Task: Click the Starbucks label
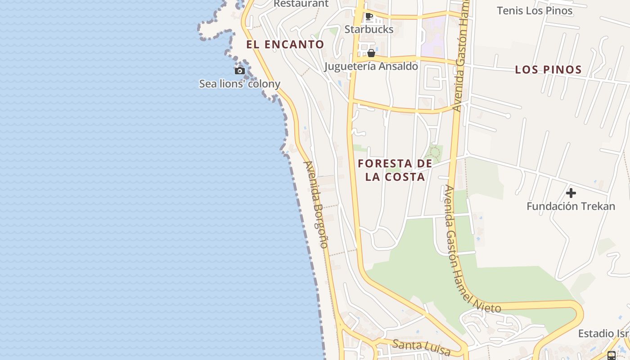(369, 30)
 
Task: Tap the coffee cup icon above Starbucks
(369, 17)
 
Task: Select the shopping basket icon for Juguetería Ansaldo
(371, 53)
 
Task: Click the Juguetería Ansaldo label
(371, 67)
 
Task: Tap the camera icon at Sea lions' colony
(240, 71)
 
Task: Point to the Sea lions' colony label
(240, 84)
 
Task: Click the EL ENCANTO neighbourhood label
(285, 45)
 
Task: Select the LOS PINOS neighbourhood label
(548, 70)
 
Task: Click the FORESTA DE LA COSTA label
(395, 170)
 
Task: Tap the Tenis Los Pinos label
(535, 11)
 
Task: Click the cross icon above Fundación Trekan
(571, 193)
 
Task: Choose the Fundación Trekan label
(571, 207)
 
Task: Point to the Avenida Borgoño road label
(316, 205)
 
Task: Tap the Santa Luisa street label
(422, 346)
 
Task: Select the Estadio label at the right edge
(603, 333)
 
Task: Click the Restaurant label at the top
(301, 4)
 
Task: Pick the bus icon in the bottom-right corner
(611, 355)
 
